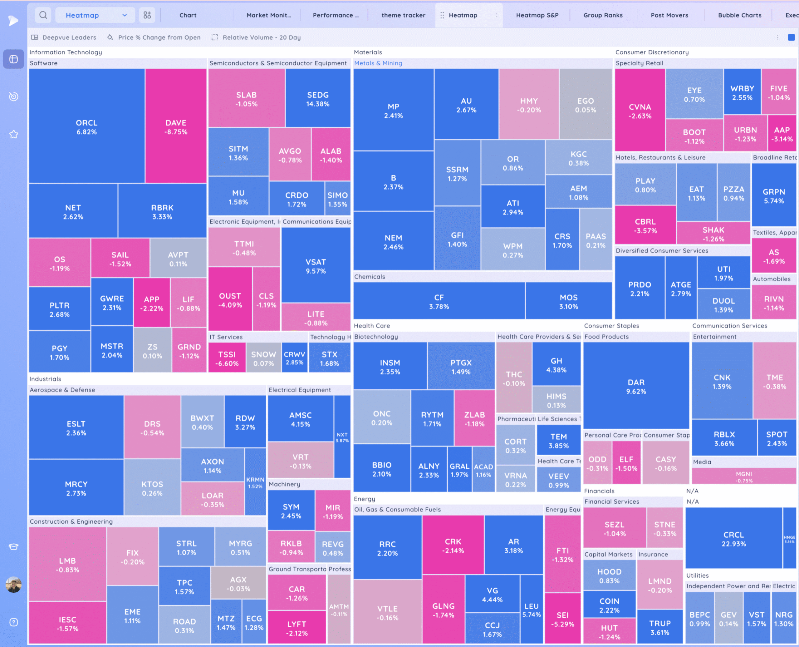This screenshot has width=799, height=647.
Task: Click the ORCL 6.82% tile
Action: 86,127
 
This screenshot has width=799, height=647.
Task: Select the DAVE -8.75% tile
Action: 176,127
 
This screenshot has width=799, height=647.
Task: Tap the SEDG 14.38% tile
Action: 318,99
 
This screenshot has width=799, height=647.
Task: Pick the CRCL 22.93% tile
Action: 733,539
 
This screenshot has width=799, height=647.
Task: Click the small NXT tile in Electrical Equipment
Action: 342,437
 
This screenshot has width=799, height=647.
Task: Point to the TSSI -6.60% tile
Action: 227,358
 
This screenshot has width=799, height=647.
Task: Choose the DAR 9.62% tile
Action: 636,386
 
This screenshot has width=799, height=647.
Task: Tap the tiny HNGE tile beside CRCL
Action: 789,539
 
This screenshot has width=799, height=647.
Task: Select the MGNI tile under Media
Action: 743,476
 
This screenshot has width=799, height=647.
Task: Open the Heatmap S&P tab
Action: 537,15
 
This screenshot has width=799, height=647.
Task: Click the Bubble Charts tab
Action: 739,15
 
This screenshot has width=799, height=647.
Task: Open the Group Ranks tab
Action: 603,15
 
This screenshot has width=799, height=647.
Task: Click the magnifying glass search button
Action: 43,15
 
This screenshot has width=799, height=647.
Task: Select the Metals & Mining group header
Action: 378,63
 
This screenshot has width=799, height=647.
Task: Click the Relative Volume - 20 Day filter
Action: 261,37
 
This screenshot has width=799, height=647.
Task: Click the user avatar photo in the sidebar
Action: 13,584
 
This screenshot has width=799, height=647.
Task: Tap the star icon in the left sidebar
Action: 13,134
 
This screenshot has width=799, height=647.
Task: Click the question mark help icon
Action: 13,622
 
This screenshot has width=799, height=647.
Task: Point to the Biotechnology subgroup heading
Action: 376,337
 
